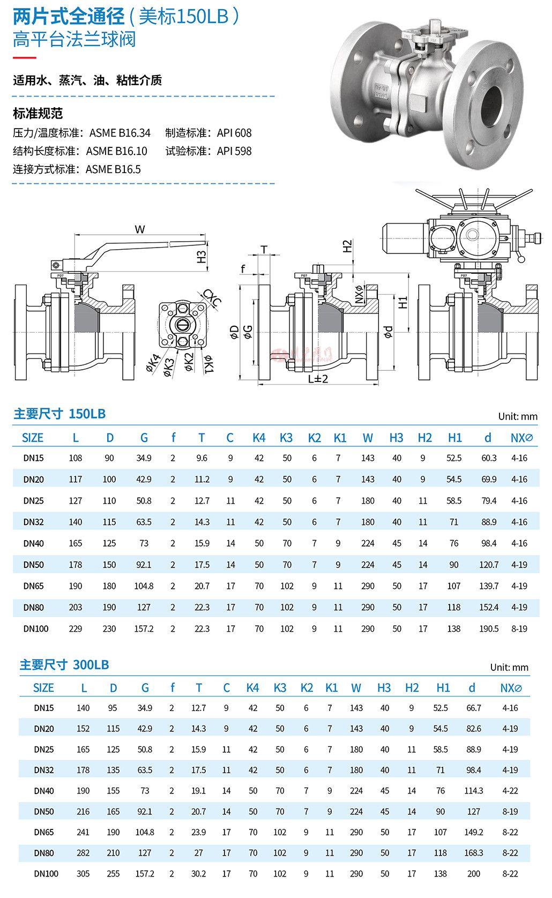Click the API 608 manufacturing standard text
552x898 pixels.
tap(234, 133)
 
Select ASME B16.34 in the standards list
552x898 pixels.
tap(120, 133)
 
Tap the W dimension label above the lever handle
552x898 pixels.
tap(140, 229)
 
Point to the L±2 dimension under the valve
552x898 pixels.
tap(318, 378)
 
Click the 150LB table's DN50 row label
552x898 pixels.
tap(33, 565)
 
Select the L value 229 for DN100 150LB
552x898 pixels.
tap(76, 628)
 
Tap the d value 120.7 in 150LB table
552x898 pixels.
tap(488, 565)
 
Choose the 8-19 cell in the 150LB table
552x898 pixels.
tap(519, 628)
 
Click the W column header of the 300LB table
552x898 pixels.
tap(356, 688)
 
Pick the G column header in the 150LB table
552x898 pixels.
tap(144, 438)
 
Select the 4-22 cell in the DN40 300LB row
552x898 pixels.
tap(510, 791)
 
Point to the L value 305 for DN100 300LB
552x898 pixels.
tap(83, 874)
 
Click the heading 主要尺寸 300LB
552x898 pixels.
tap(64, 665)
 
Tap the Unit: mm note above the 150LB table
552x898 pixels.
tap(517, 416)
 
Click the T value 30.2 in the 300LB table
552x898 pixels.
tap(198, 874)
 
